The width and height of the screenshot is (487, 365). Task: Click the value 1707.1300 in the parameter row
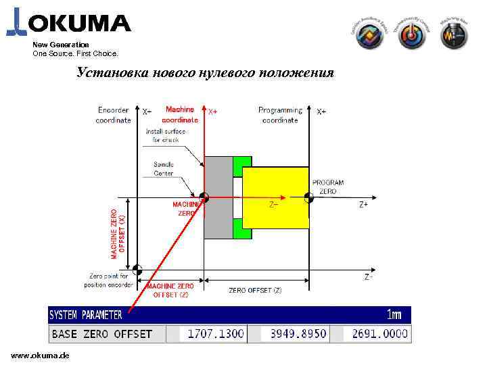[x=215, y=334]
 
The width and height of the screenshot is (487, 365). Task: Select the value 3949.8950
[x=298, y=334]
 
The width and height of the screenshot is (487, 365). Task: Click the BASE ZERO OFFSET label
[x=102, y=334]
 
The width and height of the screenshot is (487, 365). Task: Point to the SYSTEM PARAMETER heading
[x=86, y=315]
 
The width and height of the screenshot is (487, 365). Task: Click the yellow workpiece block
[x=275, y=197]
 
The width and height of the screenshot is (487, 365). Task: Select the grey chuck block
[x=218, y=197]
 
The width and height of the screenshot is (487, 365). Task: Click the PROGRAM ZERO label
[x=327, y=187]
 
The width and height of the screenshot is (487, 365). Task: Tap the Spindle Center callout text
[x=163, y=169]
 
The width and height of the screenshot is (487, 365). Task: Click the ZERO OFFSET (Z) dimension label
[x=255, y=290]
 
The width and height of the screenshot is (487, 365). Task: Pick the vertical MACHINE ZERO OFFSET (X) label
[x=118, y=232]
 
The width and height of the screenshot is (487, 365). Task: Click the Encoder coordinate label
[x=114, y=115]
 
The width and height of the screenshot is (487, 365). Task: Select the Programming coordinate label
[x=280, y=115]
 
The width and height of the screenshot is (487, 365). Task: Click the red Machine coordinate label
[x=180, y=114]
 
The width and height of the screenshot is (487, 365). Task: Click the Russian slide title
[x=205, y=72]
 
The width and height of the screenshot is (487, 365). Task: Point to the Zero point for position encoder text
[x=111, y=280]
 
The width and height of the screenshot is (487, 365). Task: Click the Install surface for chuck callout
[x=166, y=136]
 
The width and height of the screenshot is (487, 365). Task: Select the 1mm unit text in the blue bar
[x=394, y=315]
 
